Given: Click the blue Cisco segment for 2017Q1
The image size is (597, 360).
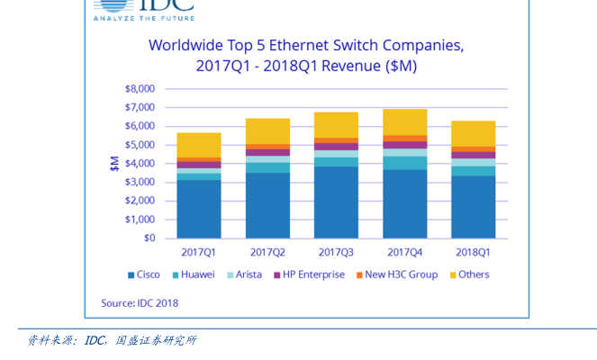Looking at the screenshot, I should click(198, 209).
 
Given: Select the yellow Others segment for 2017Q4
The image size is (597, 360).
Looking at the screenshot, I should click(404, 122).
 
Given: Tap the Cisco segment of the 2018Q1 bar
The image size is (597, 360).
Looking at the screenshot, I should click(473, 207).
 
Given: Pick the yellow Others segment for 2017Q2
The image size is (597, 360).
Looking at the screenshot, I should click(267, 131).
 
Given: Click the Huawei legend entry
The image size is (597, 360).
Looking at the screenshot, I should click(193, 274).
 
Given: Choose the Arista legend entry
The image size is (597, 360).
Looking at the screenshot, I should click(244, 274).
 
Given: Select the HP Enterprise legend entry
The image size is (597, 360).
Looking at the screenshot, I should click(309, 274).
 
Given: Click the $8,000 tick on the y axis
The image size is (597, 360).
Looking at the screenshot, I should click(139, 89).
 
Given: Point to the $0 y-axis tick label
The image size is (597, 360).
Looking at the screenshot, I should click(149, 238).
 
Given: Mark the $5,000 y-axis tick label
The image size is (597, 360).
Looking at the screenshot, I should click(139, 145).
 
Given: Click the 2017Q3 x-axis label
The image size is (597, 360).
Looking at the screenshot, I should click(336, 253).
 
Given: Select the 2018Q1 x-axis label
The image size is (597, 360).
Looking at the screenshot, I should click(473, 253).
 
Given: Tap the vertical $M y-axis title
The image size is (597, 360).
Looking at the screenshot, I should click(114, 163).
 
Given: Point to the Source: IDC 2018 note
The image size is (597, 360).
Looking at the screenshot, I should click(140, 303).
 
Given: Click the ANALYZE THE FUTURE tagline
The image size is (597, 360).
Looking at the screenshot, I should click(143, 17).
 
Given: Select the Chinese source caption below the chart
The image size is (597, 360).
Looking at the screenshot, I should click(112, 340).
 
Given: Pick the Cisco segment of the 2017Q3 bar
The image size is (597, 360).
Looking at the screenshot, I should click(336, 202).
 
